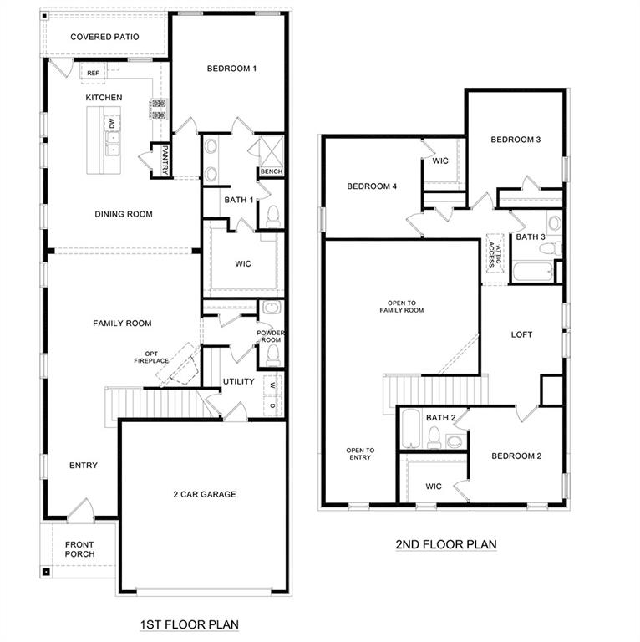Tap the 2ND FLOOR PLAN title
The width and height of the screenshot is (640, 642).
pos(445,544)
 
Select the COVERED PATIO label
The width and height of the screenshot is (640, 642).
pos(104,37)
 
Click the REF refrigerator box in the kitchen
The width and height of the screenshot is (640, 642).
pos(93,73)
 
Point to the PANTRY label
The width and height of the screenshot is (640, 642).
pos(165,159)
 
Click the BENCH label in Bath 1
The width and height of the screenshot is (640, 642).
pos(271,171)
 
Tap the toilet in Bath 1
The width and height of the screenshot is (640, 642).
pos(272,216)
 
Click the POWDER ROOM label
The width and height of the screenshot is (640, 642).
pos(271,336)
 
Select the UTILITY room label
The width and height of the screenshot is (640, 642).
pos(238,382)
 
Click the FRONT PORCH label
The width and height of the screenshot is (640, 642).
pos(80,548)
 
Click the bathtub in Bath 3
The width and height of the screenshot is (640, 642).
pos(531,273)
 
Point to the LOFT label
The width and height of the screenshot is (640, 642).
pos(521,334)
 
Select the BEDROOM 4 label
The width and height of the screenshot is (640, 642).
pos(372,186)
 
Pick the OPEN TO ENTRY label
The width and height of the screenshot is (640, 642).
pos(361,454)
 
